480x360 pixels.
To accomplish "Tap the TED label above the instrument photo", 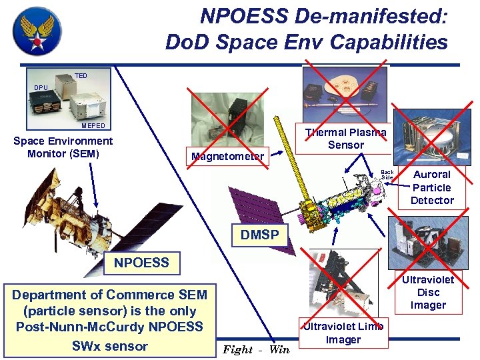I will [81, 76].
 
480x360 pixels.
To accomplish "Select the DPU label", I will [41, 88].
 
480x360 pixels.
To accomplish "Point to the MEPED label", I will [93, 125].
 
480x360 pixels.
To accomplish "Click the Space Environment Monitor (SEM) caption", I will [63, 147].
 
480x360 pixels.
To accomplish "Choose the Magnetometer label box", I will [227, 157].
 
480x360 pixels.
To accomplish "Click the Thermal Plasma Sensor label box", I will [345, 139].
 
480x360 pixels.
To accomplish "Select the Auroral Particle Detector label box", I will [432, 187].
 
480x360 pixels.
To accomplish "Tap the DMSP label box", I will [260, 234].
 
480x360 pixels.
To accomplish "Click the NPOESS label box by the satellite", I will [141, 263].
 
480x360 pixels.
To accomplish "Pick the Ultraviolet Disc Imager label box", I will [428, 292].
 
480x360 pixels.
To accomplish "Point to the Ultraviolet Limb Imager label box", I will [343, 333].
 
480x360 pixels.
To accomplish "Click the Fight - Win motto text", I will [256, 349].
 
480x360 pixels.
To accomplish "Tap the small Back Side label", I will [387, 175].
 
